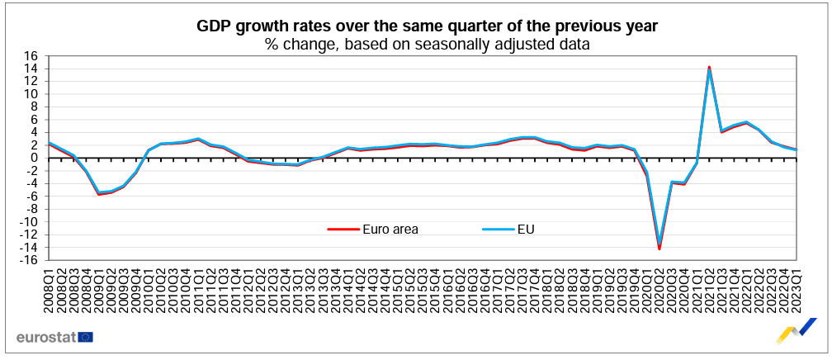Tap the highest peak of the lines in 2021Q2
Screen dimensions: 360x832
709,68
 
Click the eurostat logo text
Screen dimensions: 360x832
45,337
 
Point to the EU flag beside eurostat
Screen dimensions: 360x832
86,337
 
